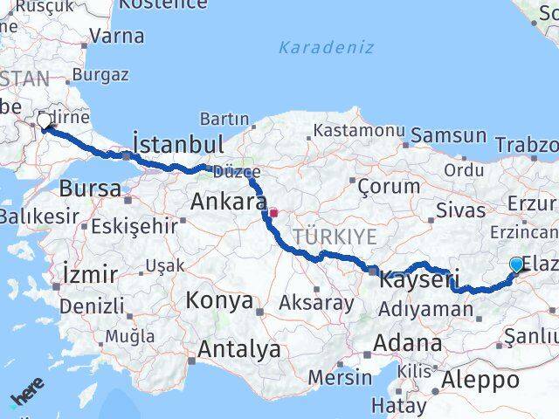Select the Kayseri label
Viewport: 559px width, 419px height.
[418, 282]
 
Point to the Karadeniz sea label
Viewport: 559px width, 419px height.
[326, 47]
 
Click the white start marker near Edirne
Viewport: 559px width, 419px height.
[45, 120]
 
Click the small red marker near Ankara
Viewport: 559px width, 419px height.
[273, 212]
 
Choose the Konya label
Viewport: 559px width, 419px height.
[218, 301]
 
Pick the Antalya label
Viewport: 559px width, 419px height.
[239, 350]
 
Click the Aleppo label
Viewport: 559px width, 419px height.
[480, 380]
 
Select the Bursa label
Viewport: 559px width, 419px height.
[90, 189]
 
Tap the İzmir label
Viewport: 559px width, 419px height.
[90, 275]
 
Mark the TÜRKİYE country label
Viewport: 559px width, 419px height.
[335, 237]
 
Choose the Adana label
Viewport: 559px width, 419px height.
[410, 342]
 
